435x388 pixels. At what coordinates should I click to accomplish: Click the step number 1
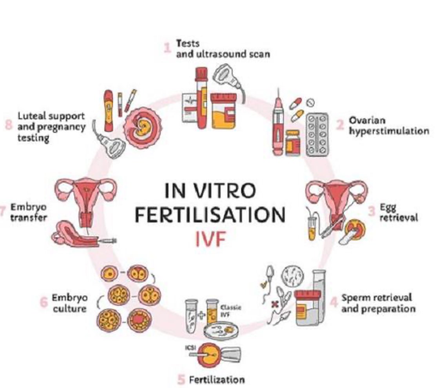[x=168, y=48]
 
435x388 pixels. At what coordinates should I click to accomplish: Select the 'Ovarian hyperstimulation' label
[x=388, y=126]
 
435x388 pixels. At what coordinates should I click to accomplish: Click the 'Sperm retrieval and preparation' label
[x=378, y=303]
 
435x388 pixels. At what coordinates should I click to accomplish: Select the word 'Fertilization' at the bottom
[x=217, y=379]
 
